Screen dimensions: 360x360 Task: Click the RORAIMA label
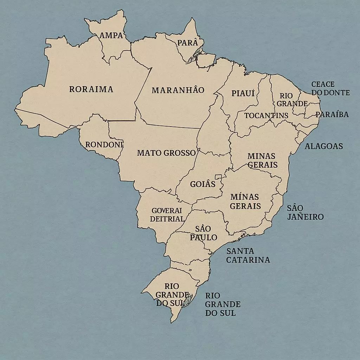(x=91, y=89)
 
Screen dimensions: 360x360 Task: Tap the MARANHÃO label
(x=178, y=90)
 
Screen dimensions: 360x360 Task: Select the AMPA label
(x=111, y=36)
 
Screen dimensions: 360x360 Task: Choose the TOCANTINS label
(x=266, y=116)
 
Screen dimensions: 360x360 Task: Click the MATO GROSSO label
(x=166, y=153)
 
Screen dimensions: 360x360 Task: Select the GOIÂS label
(x=202, y=184)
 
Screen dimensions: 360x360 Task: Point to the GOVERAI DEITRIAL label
(x=167, y=215)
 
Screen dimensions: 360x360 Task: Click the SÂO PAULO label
(x=203, y=233)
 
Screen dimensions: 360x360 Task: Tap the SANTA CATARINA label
(x=248, y=256)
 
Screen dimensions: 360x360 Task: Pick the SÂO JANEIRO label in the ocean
(x=305, y=212)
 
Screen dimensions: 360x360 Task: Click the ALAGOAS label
(x=323, y=146)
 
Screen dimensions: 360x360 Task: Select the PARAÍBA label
(x=332, y=115)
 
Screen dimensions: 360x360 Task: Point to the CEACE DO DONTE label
(x=330, y=89)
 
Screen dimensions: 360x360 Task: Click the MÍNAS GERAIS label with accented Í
(x=245, y=201)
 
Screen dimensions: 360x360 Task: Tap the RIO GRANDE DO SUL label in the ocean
(x=223, y=304)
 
